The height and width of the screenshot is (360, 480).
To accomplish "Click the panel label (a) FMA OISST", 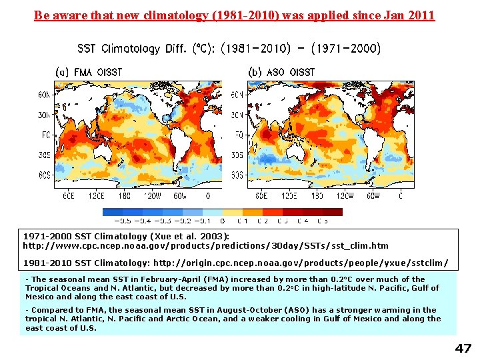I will tap(87, 71).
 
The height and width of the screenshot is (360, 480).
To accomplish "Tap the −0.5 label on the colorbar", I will tap(123, 220).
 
